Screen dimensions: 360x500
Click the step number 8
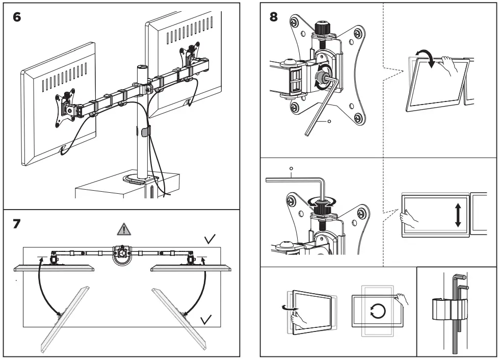click(274, 17)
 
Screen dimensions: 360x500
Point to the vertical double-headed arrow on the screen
click(458, 215)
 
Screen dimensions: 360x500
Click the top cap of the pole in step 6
click(140, 68)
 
